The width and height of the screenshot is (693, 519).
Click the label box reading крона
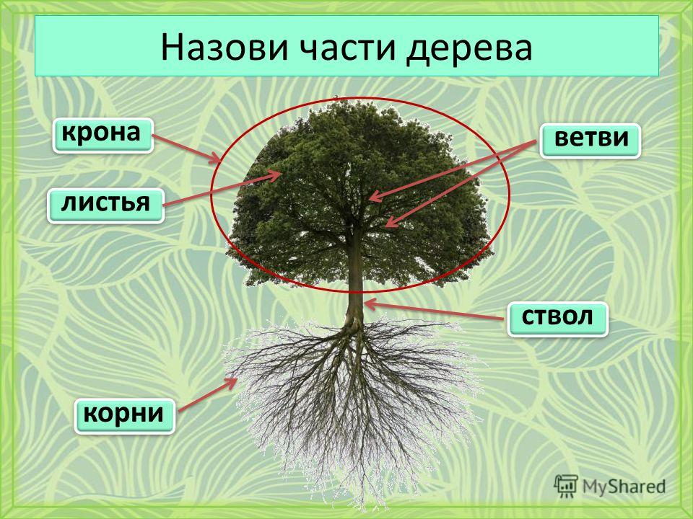click(103, 136)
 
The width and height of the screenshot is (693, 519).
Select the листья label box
click(105, 205)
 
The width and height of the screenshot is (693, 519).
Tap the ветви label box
click(590, 141)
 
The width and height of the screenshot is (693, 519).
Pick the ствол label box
click(558, 319)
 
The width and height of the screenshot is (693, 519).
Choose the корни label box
click(125, 416)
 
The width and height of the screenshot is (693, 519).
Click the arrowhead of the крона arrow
click(216, 159)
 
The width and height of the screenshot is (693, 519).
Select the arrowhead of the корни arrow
click(233, 382)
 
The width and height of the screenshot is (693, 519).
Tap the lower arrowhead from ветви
click(390, 223)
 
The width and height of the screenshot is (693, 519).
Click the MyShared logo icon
click(566, 487)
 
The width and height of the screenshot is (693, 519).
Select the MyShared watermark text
click(624, 487)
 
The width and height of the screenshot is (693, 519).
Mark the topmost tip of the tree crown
click(337, 98)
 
